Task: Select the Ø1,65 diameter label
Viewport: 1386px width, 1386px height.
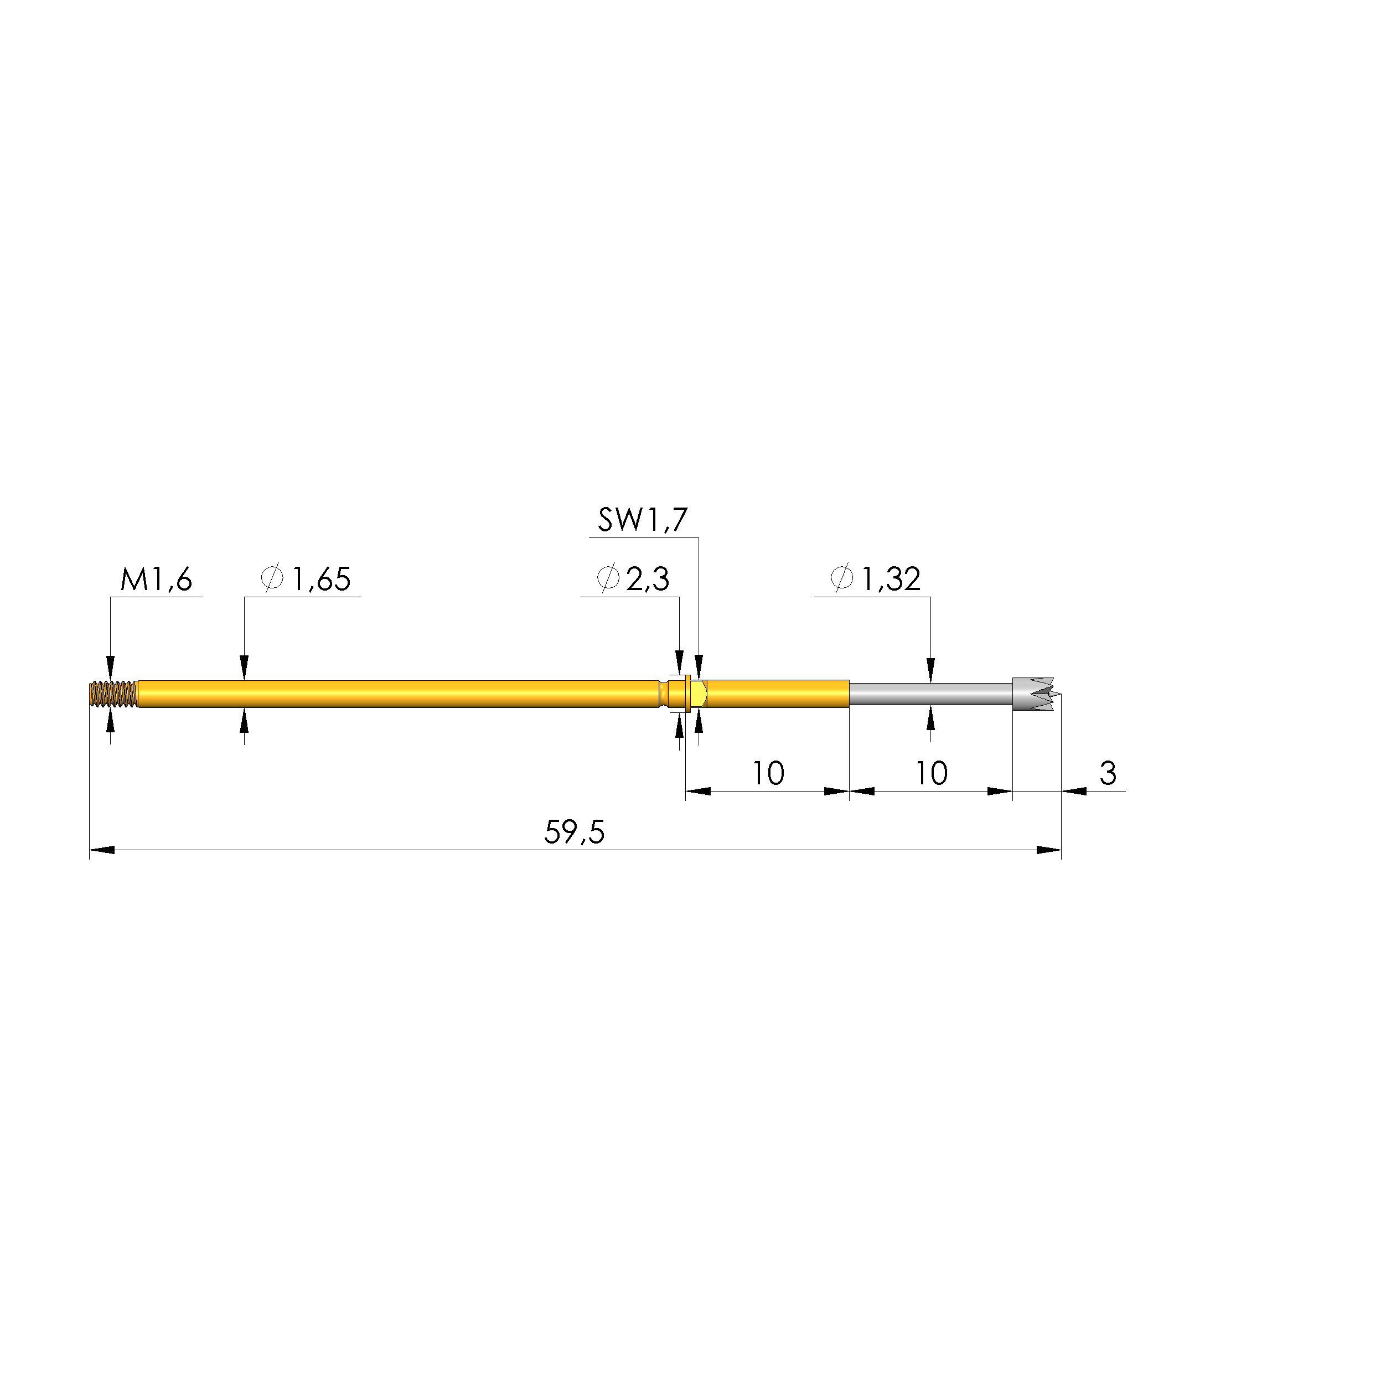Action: (307, 580)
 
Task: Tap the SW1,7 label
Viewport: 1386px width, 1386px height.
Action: (642, 521)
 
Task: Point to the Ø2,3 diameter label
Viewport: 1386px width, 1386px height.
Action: (633, 580)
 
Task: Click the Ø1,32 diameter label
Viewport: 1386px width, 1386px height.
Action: (875, 580)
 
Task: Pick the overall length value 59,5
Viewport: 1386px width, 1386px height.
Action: (574, 834)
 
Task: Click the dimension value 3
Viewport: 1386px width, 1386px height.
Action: (1108, 774)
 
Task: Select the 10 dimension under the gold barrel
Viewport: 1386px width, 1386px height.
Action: (768, 774)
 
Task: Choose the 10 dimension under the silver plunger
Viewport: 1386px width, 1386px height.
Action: (931, 774)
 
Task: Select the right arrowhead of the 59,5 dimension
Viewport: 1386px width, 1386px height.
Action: (1049, 851)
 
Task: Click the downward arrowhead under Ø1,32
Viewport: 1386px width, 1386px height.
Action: (931, 670)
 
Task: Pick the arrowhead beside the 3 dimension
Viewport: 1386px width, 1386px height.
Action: (1074, 792)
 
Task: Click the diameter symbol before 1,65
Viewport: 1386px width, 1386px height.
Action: (273, 579)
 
